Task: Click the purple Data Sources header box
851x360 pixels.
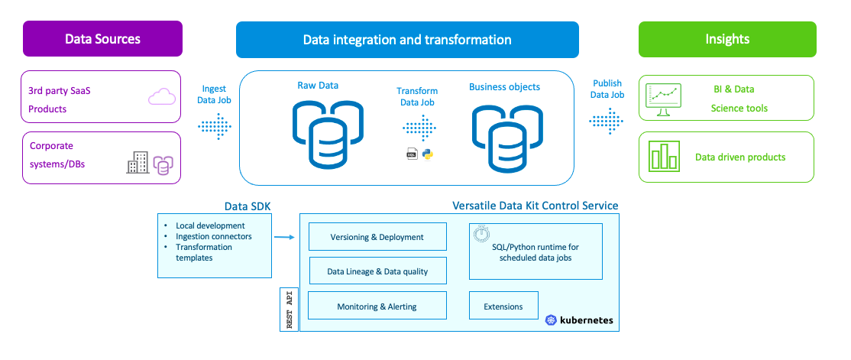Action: coord(102,39)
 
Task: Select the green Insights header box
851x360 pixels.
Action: coord(727,39)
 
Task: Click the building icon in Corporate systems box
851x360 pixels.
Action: coord(138,162)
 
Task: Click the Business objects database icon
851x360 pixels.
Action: coord(505,137)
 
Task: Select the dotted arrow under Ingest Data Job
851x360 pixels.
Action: coord(215,125)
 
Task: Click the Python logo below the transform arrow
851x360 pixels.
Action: coord(428,154)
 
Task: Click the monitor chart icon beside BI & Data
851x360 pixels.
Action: coord(662,99)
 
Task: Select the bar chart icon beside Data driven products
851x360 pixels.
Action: coord(663,157)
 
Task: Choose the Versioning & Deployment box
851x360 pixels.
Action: coord(377,237)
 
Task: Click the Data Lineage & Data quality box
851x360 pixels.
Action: coord(377,271)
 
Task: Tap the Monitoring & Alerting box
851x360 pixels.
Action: coord(377,306)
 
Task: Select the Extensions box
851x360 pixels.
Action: coord(503,306)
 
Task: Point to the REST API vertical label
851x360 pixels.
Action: coord(290,310)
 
